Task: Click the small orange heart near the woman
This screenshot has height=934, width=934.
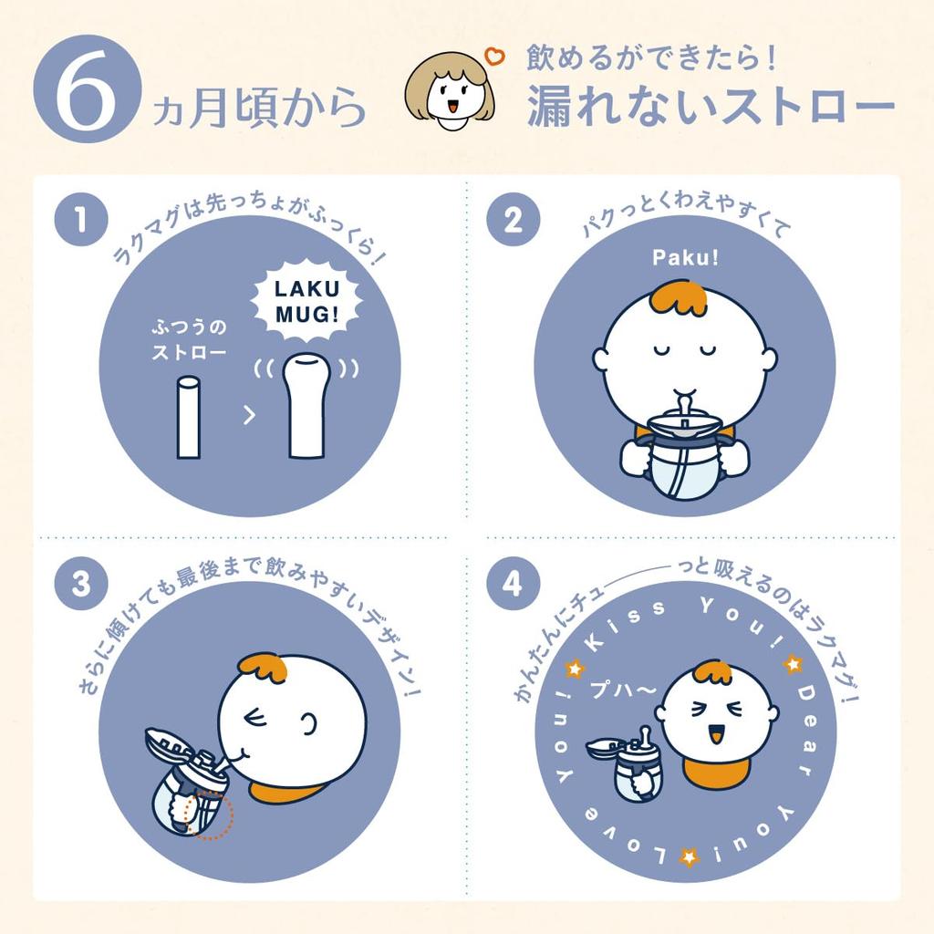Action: click(x=495, y=57)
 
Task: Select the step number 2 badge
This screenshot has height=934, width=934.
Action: click(x=513, y=222)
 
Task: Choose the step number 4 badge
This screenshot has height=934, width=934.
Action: click(x=513, y=584)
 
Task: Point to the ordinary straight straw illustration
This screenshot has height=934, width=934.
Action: click(x=188, y=416)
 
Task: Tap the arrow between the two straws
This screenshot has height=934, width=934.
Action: click(x=248, y=417)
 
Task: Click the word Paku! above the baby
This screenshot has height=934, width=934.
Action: click(x=685, y=258)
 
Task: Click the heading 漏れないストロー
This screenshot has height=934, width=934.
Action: click(x=710, y=108)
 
